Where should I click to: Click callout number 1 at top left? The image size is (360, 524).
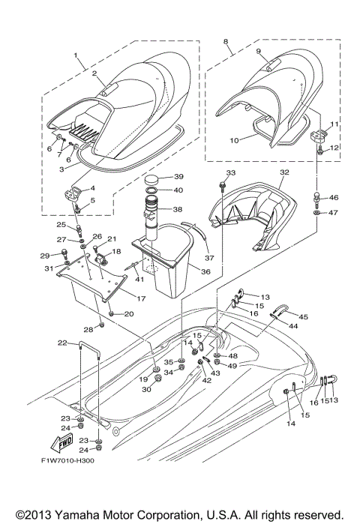click(x=76, y=55)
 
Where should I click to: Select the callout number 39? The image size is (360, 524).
click(x=178, y=177)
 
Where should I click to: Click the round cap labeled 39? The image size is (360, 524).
click(x=153, y=178)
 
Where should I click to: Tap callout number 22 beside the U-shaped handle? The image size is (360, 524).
click(x=62, y=343)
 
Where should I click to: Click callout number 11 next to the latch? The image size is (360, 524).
click(x=335, y=123)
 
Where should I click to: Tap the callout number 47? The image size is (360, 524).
click(x=334, y=213)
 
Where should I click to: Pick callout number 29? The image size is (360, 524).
click(x=44, y=256)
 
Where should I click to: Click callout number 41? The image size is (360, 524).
click(x=139, y=280)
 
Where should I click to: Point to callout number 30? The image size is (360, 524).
click(x=148, y=390)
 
